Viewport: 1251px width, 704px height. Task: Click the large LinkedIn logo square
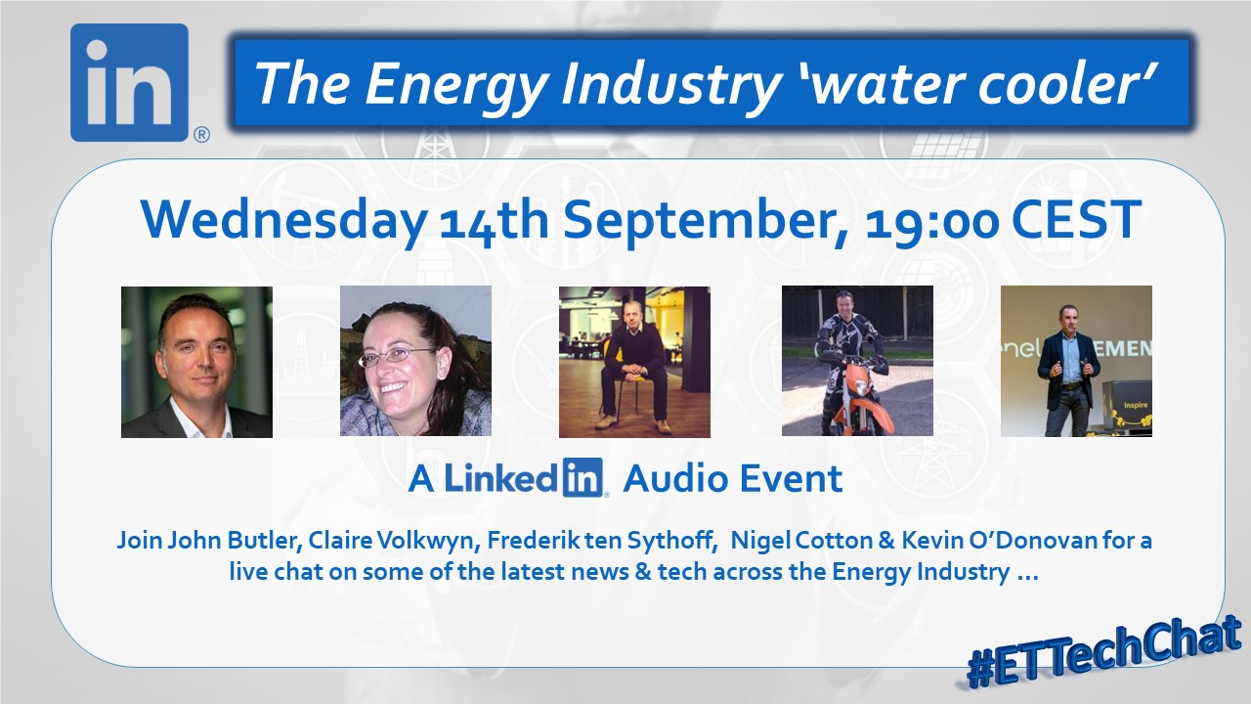(130, 83)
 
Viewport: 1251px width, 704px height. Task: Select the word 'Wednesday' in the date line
(283, 220)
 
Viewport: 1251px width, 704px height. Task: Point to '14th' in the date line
(494, 220)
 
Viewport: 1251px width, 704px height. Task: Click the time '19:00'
(931, 221)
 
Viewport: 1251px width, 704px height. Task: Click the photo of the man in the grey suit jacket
(196, 362)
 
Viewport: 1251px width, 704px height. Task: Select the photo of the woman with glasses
(415, 361)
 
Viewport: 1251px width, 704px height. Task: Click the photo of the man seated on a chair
(634, 362)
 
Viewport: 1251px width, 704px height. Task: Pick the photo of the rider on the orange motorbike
(857, 361)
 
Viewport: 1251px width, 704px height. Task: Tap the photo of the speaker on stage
(1076, 361)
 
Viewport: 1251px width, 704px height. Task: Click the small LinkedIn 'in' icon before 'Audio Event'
(582, 477)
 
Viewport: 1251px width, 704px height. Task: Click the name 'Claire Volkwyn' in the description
(391, 541)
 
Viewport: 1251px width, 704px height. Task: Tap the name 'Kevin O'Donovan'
(1000, 541)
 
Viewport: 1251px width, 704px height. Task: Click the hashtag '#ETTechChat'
(1104, 653)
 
